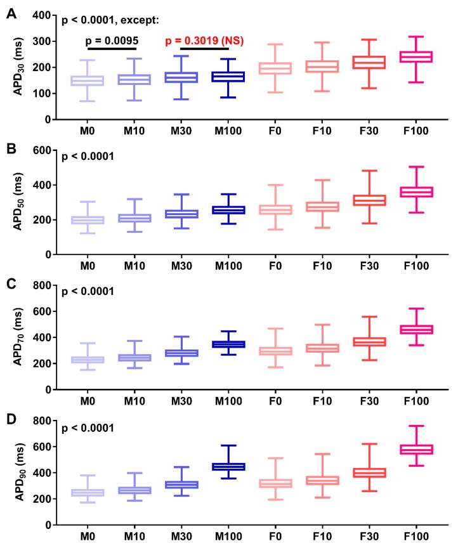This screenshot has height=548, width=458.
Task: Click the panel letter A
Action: [11, 11]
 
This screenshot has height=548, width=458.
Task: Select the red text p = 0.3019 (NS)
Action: [205, 41]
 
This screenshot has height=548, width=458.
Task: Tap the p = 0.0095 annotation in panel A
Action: [112, 41]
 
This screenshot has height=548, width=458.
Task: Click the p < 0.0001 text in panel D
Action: [88, 429]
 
